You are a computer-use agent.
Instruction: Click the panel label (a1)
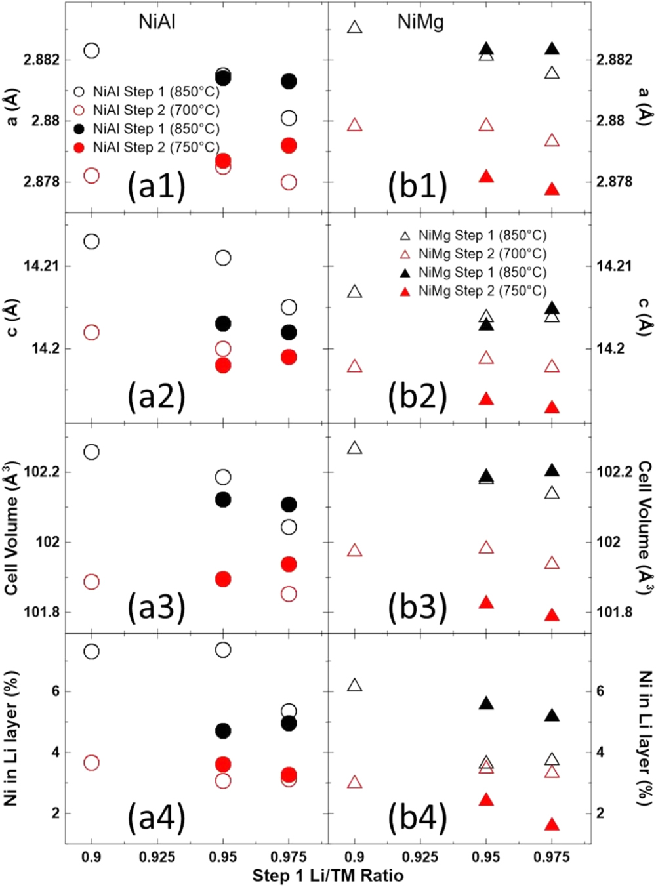[x=156, y=186]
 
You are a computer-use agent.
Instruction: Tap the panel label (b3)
[x=417, y=607]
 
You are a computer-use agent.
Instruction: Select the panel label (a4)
[x=156, y=817]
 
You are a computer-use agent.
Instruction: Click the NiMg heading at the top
[x=420, y=22]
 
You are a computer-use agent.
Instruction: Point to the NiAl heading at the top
[x=157, y=22]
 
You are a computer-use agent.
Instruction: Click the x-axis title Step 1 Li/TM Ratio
[x=328, y=875]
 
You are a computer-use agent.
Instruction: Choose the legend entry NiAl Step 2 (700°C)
[x=155, y=110]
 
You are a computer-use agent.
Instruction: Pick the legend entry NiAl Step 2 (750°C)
[x=155, y=147]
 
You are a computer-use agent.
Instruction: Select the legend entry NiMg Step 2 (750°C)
[x=482, y=291]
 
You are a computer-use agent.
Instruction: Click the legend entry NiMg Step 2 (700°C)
[x=482, y=254]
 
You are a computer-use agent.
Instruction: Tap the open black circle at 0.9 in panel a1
[x=91, y=51]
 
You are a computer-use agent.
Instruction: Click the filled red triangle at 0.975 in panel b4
[x=552, y=825]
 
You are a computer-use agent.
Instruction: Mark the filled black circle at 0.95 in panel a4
[x=223, y=730]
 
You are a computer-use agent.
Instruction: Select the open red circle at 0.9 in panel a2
[x=91, y=333]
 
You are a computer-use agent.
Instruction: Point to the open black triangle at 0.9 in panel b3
[x=355, y=448]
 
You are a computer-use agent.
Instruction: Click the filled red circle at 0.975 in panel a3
[x=289, y=564]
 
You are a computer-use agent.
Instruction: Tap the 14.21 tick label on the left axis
[x=41, y=266]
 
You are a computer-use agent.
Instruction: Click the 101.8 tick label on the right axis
[x=615, y=612]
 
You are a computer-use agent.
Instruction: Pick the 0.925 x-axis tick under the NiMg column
[x=420, y=857]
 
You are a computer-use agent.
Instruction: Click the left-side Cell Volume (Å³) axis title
[x=11, y=528]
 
